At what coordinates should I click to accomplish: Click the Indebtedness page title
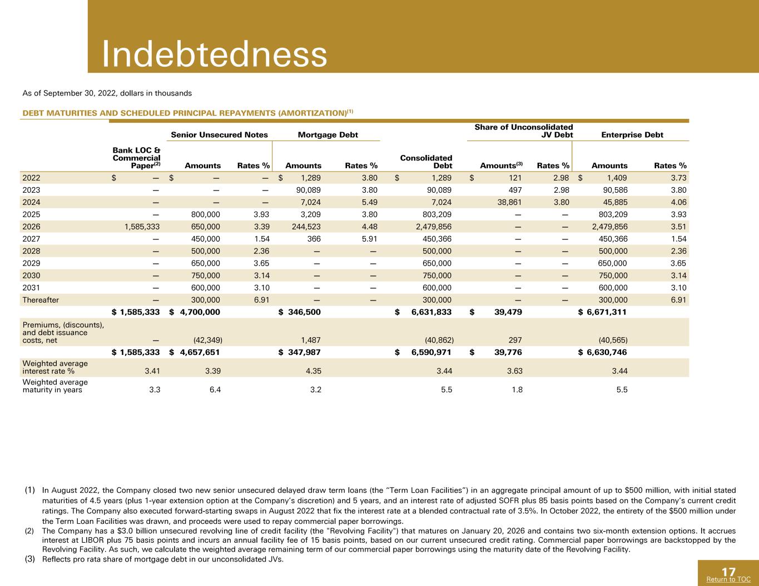[215, 54]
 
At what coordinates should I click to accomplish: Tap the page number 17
[728, 572]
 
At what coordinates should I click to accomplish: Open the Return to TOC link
[728, 579]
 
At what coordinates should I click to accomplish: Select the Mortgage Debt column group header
[328, 134]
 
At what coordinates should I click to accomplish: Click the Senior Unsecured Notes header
[219, 134]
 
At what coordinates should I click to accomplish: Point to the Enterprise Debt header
[632, 134]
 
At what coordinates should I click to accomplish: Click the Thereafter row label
[41, 300]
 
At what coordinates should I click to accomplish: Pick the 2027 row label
[31, 239]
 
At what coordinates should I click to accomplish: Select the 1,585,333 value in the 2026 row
[142, 227]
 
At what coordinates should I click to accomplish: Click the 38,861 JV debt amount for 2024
[509, 202]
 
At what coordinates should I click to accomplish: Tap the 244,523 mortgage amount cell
[306, 227]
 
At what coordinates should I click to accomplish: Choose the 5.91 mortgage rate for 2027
[370, 239]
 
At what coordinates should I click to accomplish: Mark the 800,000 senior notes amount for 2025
[205, 214]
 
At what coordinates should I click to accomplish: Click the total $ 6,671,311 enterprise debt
[602, 312]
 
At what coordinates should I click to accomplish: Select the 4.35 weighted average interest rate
[313, 371]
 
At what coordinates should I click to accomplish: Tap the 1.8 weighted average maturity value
[517, 389]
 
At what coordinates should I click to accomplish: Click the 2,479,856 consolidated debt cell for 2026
[434, 227]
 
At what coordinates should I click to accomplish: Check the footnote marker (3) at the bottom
[29, 559]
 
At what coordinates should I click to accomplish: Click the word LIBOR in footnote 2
[92, 540]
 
